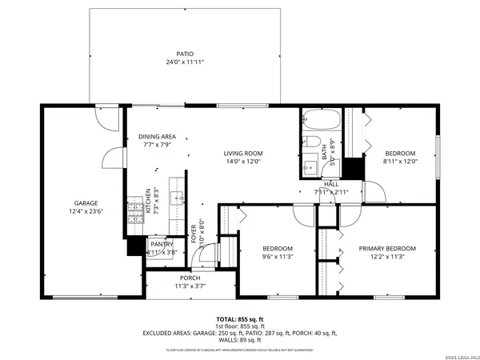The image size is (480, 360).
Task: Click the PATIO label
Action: (x=185, y=54)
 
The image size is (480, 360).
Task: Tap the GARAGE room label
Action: (x=86, y=203)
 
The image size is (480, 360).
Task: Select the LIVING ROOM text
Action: (x=242, y=153)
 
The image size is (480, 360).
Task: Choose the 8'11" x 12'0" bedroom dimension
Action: (x=400, y=162)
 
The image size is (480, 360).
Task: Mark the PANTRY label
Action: (x=161, y=244)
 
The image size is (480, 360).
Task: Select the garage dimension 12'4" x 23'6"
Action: (x=86, y=212)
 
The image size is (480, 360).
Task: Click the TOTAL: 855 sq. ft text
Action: (x=240, y=318)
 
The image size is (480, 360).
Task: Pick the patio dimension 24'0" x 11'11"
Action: (x=185, y=62)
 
